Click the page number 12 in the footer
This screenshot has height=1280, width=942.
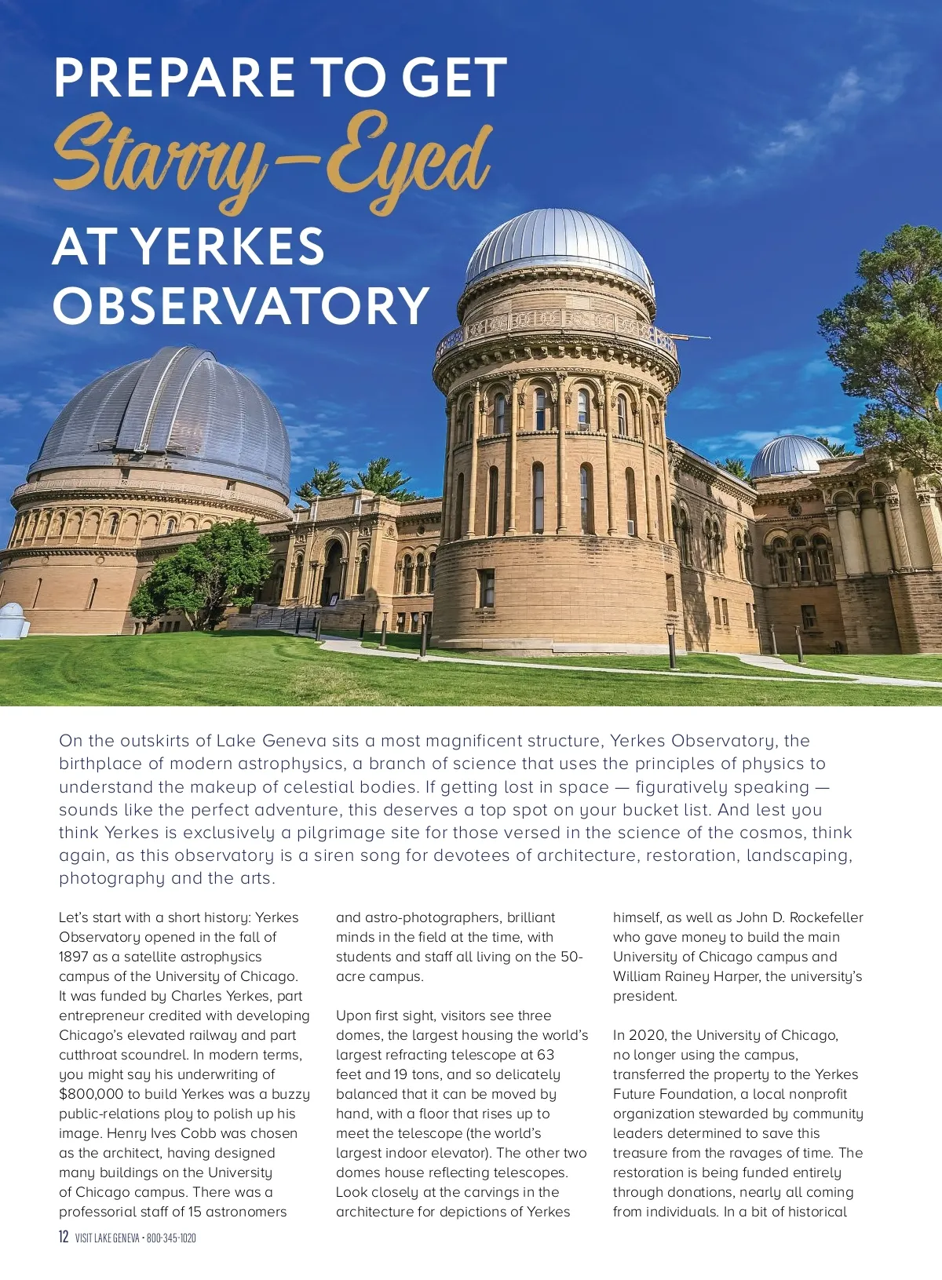tap(64, 1238)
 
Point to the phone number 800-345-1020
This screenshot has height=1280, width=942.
tap(171, 1238)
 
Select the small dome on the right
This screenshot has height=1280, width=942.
tap(788, 457)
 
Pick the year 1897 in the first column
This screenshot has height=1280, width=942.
tap(75, 957)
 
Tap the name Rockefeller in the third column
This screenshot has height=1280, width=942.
tap(826, 917)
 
